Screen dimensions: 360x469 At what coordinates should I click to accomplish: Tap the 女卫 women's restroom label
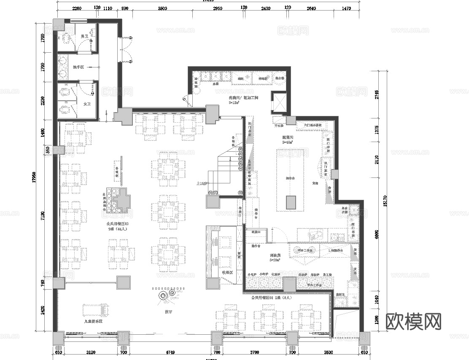[87, 104]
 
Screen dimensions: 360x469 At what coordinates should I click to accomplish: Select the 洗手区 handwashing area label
[79, 67]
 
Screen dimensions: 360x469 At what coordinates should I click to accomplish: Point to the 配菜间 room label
[288, 138]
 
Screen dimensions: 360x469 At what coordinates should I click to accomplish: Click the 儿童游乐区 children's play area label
[94, 321]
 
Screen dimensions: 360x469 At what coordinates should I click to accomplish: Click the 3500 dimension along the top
[162, 8]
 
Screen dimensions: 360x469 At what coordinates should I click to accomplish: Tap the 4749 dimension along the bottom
[170, 352]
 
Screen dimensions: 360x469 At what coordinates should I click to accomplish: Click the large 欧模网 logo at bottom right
[413, 322]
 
